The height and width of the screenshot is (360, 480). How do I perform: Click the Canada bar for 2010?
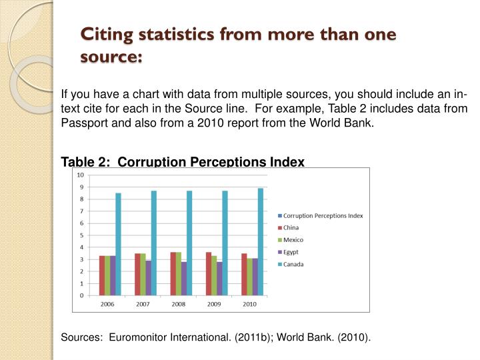(x=261, y=241)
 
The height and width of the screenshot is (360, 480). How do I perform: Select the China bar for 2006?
(x=102, y=275)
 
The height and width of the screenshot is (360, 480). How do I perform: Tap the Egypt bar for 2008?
(x=184, y=279)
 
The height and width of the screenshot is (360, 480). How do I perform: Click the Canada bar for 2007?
(x=153, y=243)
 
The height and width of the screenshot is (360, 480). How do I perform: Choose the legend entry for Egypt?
(x=291, y=252)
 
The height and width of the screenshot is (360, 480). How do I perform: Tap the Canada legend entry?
(x=293, y=264)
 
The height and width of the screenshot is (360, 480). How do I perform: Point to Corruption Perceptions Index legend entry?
(x=323, y=215)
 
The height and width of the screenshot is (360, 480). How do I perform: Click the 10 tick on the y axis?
(x=81, y=175)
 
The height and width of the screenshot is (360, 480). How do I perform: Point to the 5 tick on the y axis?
(x=81, y=235)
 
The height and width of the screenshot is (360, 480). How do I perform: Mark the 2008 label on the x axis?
(x=179, y=304)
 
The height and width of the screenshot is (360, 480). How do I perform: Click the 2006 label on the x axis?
(x=107, y=304)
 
